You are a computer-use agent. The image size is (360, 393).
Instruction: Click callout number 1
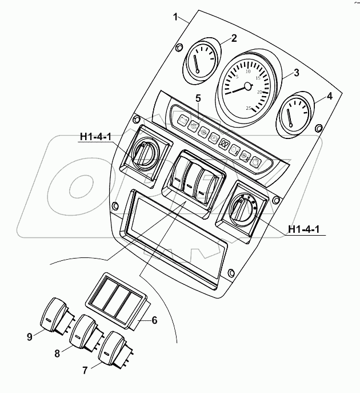pyautogui.click(x=176, y=17)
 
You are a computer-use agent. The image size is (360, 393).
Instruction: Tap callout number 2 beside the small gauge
pyautogui.click(x=233, y=39)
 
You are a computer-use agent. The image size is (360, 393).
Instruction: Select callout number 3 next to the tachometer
pyautogui.click(x=296, y=73)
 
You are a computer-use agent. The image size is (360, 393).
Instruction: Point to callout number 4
pyautogui.click(x=329, y=97)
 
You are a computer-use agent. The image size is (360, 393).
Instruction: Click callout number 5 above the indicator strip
pyautogui.click(x=198, y=98)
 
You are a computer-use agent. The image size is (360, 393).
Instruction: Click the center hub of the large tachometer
pyautogui.click(x=247, y=86)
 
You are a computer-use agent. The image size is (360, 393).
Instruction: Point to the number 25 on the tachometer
pyautogui.click(x=248, y=108)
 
